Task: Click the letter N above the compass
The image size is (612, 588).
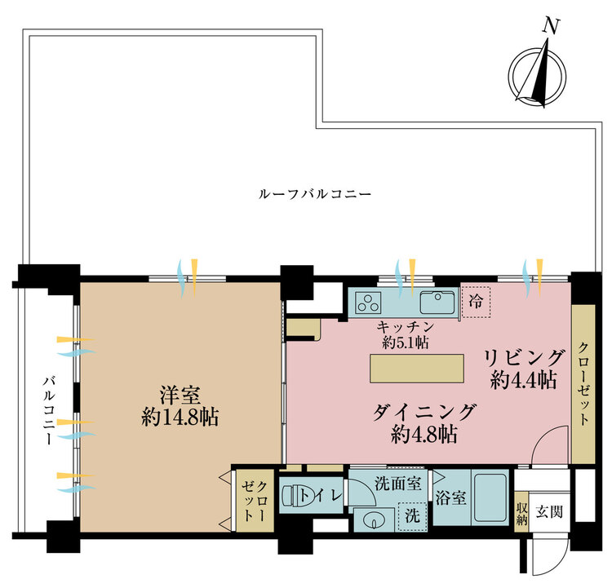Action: click(552, 26)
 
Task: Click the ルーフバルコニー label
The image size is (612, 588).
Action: click(314, 195)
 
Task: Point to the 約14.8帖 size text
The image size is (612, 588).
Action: click(180, 418)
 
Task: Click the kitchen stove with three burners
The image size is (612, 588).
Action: click(369, 303)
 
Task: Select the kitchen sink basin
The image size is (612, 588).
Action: click(439, 303)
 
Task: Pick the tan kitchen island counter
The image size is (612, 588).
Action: click(418, 368)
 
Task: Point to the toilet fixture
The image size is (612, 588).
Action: click(299, 496)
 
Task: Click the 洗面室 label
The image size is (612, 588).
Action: click(399, 483)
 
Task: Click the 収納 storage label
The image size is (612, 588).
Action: click(521, 513)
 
